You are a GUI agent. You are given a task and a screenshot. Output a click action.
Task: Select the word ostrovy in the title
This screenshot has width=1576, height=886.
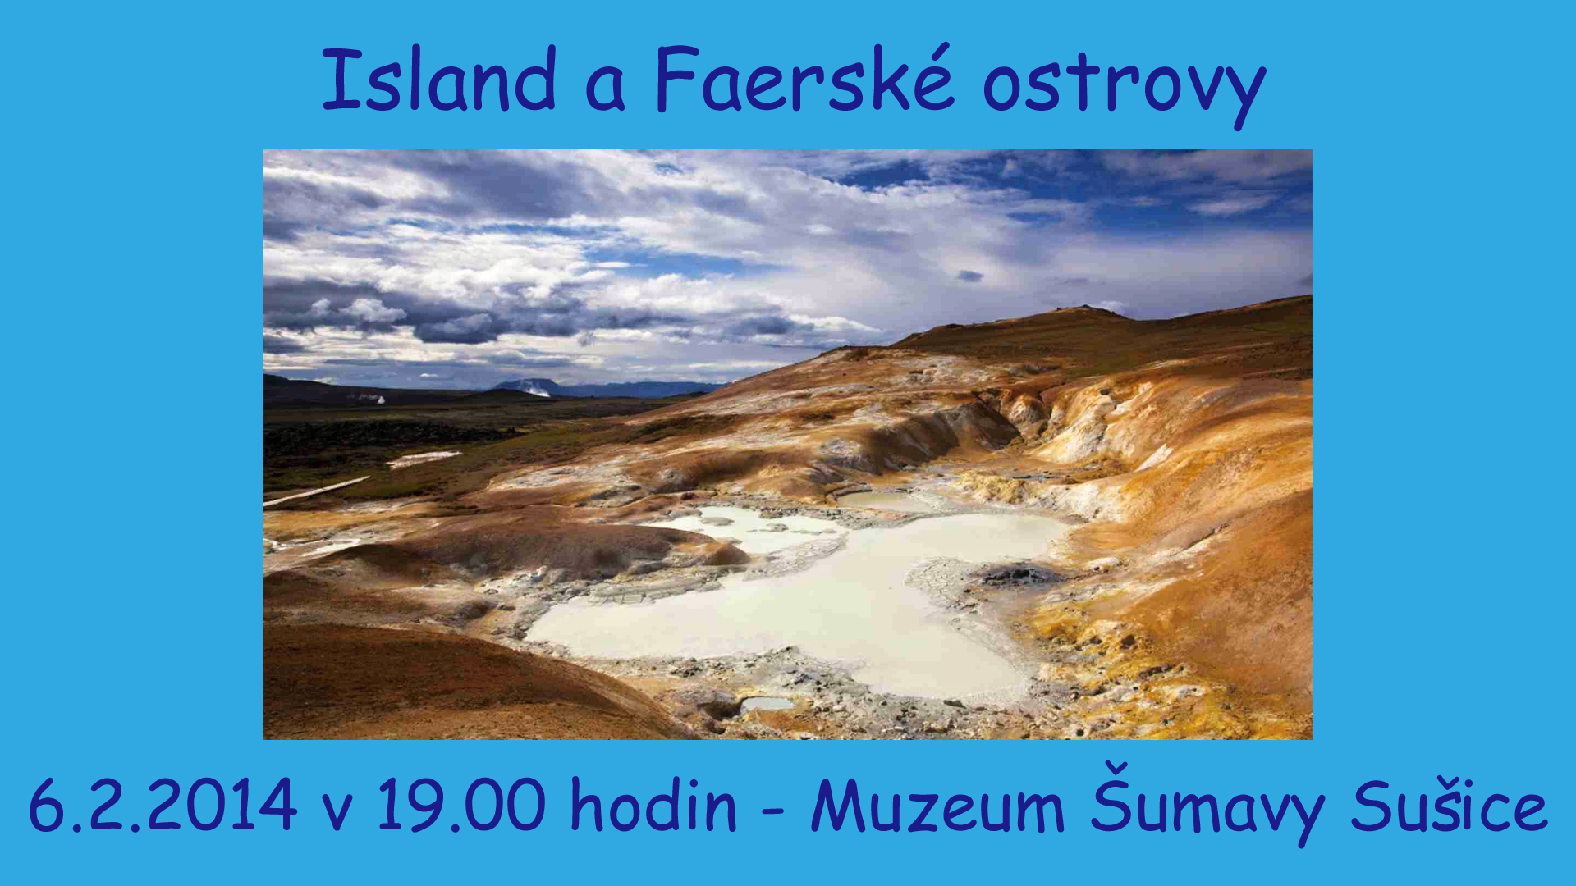pos(1125,87)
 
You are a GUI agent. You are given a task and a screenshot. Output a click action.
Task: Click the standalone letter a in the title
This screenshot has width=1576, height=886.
pos(606,89)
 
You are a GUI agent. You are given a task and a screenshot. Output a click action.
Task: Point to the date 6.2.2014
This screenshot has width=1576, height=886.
pos(163,805)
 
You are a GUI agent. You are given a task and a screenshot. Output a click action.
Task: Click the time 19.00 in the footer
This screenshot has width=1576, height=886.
pos(461,805)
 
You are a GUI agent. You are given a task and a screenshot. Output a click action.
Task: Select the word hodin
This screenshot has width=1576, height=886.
pos(653,803)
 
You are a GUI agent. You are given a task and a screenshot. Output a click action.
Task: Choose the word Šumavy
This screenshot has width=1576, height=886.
pos(1207,804)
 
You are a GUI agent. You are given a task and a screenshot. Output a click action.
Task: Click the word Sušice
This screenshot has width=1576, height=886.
pos(1450,804)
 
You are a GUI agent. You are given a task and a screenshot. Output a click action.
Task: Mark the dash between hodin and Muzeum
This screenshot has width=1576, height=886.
pos(773,810)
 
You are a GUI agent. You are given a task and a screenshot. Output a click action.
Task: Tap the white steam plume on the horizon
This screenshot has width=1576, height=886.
pos(373,399)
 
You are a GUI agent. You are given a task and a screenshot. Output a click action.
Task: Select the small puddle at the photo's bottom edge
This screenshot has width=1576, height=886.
pos(767,704)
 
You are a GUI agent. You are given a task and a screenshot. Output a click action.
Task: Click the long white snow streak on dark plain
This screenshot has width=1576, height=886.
pos(317,491)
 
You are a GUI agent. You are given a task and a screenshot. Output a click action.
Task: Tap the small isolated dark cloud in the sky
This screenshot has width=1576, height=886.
pos(969,276)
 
